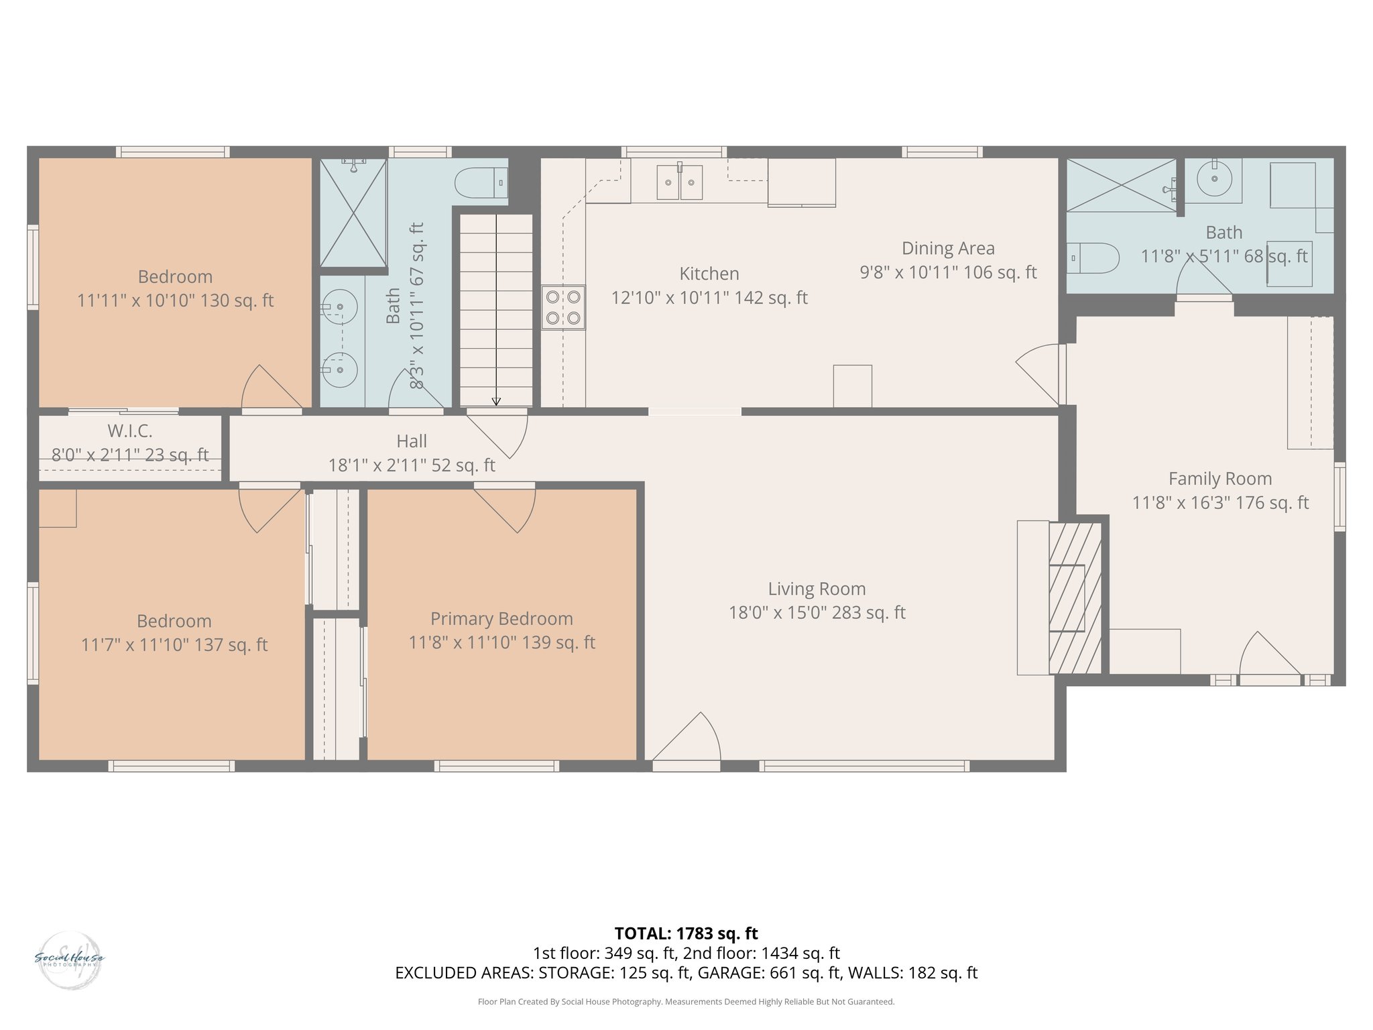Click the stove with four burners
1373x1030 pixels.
(563, 307)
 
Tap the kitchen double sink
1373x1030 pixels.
(679, 182)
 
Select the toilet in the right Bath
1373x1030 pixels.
(1093, 258)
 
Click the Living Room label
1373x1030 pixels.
(817, 589)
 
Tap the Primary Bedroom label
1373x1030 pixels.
(501, 618)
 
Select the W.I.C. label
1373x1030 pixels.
(130, 431)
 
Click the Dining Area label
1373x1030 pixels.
(948, 248)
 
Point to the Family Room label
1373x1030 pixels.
(1220, 479)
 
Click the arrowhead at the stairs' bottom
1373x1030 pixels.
(496, 402)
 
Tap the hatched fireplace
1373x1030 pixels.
(1075, 598)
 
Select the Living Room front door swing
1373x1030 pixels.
(691, 738)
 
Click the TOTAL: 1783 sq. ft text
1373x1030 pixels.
(686, 933)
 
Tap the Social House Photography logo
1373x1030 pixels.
(69, 960)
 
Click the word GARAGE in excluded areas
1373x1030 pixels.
(726, 972)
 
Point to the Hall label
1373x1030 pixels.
(411, 441)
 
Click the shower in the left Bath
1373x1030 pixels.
(353, 213)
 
